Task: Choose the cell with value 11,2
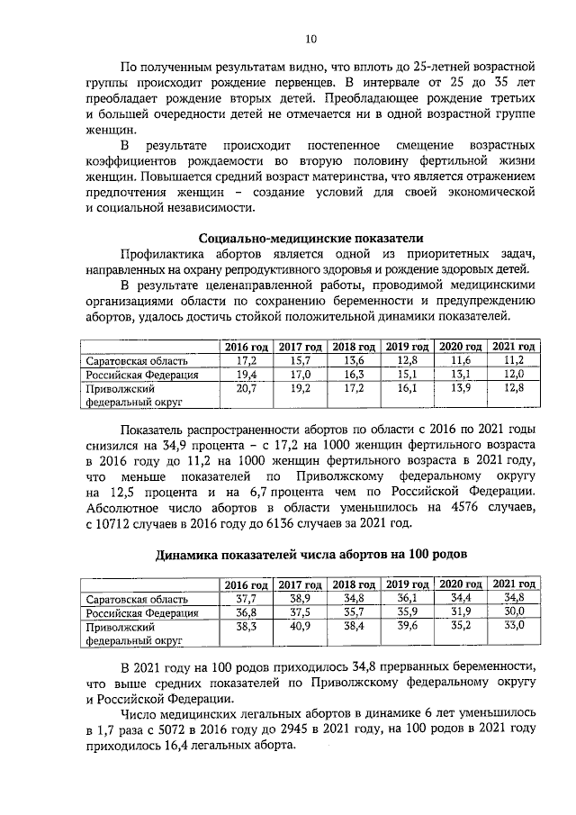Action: [x=515, y=361]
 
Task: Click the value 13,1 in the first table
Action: [x=462, y=376]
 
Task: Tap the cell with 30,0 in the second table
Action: [x=515, y=612]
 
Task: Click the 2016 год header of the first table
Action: [x=247, y=347]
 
